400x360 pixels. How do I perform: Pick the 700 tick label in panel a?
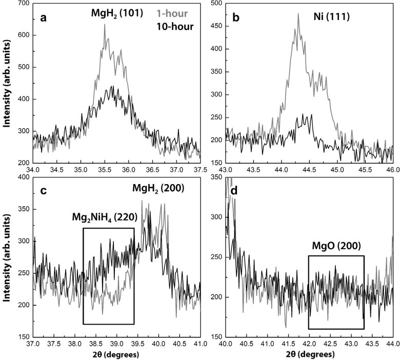pos(23,3)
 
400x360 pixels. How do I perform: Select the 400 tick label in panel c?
pos(23,177)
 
